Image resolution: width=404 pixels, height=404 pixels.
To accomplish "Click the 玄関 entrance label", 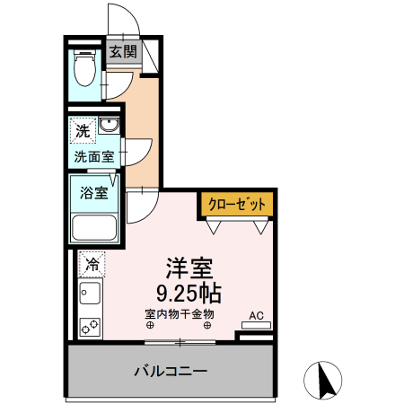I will coord(124,53).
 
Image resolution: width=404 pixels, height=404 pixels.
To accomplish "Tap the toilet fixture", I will coord(85,67).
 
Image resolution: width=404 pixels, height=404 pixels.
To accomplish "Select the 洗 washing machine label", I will coord(83,131).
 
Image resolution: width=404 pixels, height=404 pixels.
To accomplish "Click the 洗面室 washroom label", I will coord(93,155).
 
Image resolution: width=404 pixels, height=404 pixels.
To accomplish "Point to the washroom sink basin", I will coord(110,125).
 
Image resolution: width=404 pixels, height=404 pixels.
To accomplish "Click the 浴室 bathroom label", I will coord(93,191).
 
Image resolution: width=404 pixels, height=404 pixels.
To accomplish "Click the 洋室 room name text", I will coord(189,268).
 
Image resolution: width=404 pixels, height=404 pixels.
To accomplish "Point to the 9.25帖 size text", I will coord(189,293).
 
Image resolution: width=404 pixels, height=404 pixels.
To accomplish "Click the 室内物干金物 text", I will coord(179,313).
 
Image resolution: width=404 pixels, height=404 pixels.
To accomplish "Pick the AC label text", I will coord(255,315).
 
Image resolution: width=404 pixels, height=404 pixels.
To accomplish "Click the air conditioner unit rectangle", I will coord(256,324).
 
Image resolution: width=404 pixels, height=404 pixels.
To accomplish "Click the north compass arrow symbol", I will coord(325,381).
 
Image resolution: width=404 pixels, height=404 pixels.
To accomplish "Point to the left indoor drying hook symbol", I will coord(150,325).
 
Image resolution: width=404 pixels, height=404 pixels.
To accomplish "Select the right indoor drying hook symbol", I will coord(207,325).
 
